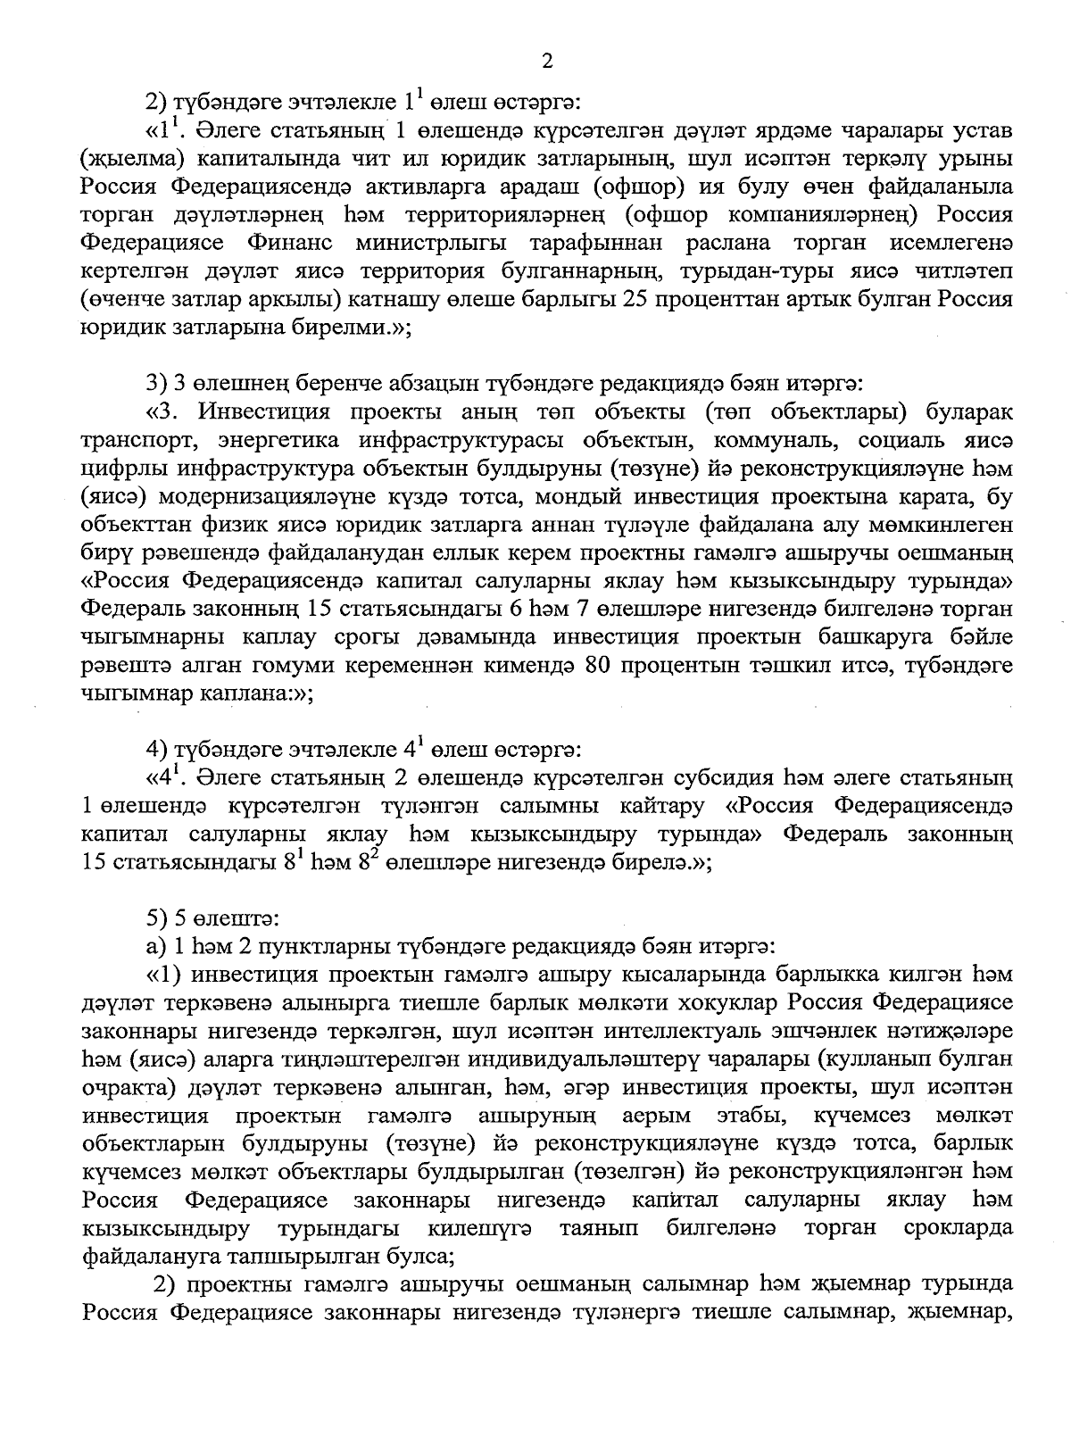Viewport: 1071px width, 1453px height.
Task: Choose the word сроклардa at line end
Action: [958, 1227]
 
